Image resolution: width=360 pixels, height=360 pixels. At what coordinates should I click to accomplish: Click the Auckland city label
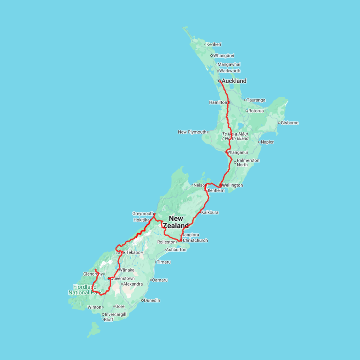pyautogui.click(x=234, y=81)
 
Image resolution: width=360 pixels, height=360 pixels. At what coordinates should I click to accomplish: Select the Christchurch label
pyautogui.click(x=195, y=240)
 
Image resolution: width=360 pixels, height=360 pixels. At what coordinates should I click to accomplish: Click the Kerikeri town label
pyautogui.click(x=214, y=44)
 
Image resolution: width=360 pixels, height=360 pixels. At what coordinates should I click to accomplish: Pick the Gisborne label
pyautogui.click(x=290, y=123)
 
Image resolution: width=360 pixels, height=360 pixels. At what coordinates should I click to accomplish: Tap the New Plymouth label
pyautogui.click(x=192, y=132)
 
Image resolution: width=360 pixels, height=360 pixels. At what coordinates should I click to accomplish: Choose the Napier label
pyautogui.click(x=268, y=142)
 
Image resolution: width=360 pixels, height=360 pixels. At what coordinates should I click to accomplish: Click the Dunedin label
pyautogui.click(x=152, y=300)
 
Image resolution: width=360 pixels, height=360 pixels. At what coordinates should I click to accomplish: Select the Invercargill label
pyautogui.click(x=115, y=314)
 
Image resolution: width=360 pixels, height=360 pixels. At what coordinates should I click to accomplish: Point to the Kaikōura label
pyautogui.click(x=210, y=212)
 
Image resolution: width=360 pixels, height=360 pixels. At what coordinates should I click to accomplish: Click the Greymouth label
pyautogui.click(x=143, y=214)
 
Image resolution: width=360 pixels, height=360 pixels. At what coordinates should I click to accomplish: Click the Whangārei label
pyautogui.click(x=224, y=56)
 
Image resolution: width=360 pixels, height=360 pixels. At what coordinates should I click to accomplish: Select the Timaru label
pyautogui.click(x=164, y=262)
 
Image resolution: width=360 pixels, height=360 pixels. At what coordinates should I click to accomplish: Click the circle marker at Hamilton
pyautogui.click(x=229, y=102)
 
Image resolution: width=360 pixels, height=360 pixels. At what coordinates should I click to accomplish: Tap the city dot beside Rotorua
pyautogui.click(x=247, y=111)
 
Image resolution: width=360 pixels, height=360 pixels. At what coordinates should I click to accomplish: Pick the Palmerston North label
pyautogui.click(x=248, y=162)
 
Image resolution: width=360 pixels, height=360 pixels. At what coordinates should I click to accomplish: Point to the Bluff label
pyautogui.click(x=108, y=320)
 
